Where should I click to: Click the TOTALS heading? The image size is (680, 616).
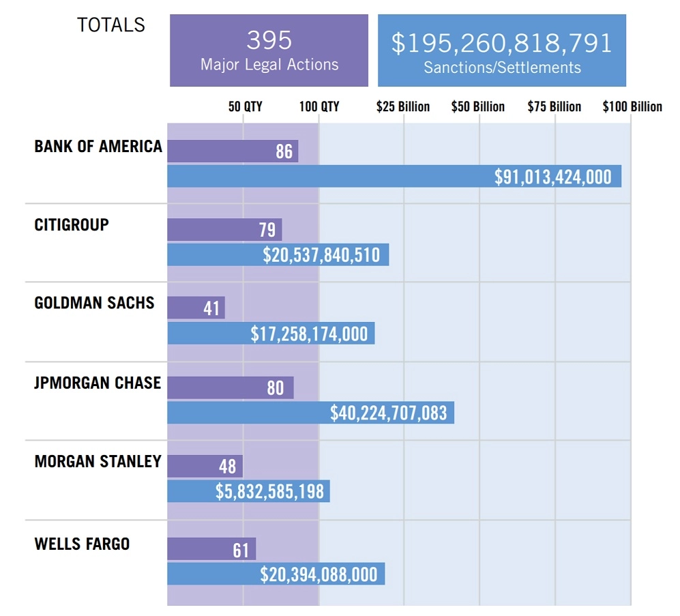[111, 25]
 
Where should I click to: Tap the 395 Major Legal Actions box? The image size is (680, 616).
[269, 50]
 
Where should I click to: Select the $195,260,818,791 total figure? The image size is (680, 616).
[501, 43]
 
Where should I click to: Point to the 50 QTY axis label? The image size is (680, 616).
[245, 106]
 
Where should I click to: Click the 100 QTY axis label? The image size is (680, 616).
[319, 106]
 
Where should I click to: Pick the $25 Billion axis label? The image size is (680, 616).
[403, 106]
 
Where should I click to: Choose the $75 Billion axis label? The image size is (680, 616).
[555, 106]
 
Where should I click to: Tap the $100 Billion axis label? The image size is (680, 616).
[632, 106]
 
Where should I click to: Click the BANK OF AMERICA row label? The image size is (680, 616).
[98, 146]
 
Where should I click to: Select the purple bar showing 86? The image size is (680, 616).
[233, 151]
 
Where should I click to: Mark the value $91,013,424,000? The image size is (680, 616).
[553, 177]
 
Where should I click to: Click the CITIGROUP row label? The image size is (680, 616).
[72, 224]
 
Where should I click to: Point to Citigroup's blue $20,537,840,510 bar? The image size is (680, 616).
[278, 254]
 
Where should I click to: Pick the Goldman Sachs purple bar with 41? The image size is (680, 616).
[196, 308]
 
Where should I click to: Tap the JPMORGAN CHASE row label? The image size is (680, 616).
[98, 383]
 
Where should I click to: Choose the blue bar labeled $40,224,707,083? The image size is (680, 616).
[310, 413]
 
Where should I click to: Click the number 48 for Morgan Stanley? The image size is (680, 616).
[227, 466]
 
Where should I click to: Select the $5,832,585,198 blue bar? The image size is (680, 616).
[248, 491]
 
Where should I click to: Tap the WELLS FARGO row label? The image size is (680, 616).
[82, 544]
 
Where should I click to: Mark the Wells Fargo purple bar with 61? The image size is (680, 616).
[211, 548]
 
